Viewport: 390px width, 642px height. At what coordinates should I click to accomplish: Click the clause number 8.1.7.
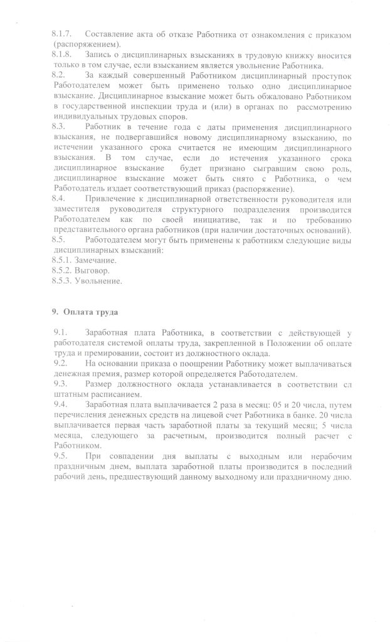[x=62, y=32]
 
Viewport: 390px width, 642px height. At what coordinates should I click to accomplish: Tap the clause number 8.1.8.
[x=62, y=55]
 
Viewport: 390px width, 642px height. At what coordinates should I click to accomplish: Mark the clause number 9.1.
[x=60, y=332]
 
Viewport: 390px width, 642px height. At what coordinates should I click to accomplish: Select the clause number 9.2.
[x=60, y=363]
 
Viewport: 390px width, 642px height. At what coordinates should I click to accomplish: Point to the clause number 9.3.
[x=60, y=382]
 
